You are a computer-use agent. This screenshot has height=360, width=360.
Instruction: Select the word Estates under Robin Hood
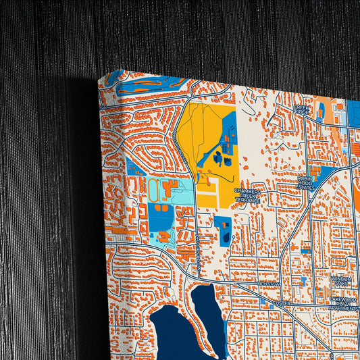click(306, 187)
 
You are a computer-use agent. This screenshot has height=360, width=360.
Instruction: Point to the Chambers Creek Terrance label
click(247, 196)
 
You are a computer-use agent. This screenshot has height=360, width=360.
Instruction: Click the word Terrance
click(247, 201)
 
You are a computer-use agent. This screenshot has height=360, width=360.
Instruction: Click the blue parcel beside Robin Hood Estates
click(324, 174)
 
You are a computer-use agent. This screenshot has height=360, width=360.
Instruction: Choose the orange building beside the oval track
click(170, 186)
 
